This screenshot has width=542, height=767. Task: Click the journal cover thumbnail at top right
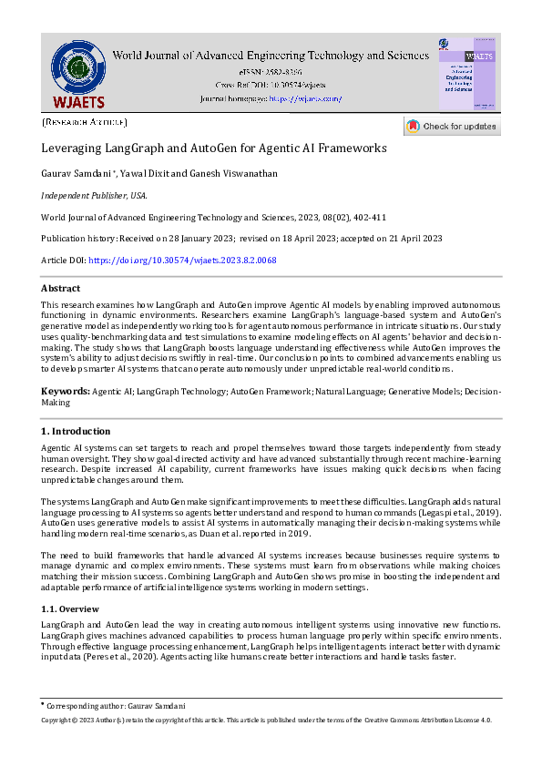(466, 75)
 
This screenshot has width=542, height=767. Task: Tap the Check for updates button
(452, 127)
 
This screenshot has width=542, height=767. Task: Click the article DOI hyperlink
(182, 261)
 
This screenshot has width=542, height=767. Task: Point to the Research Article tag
(85, 121)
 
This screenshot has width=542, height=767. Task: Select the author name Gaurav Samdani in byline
(77, 173)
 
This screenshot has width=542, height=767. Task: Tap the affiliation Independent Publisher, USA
(95, 195)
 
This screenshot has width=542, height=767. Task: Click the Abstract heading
(61, 288)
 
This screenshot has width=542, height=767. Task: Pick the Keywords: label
(65, 390)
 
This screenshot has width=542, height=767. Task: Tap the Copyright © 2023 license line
(267, 720)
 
